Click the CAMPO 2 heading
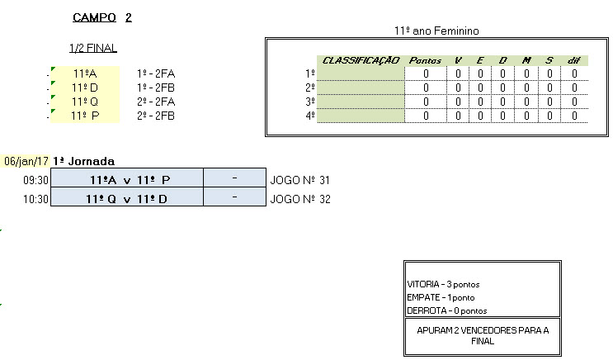pyautogui.click(x=102, y=17)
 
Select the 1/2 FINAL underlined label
pyautogui.click(x=93, y=48)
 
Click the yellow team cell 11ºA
pyautogui.click(x=85, y=73)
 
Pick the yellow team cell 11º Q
pyautogui.click(x=85, y=102)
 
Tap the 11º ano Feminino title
pyautogui.click(x=437, y=31)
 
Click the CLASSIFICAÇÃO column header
pyautogui.click(x=361, y=60)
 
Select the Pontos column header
pyautogui.click(x=426, y=60)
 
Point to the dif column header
pyautogui.click(x=574, y=60)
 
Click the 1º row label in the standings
pyautogui.click(x=309, y=74)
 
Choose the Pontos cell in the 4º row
pyautogui.click(x=426, y=116)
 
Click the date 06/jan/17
pyautogui.click(x=26, y=161)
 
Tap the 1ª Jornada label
pyautogui.click(x=83, y=161)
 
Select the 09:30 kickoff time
pyautogui.click(x=35, y=179)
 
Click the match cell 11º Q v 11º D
pyautogui.click(x=127, y=198)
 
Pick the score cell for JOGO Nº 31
pyautogui.click(x=235, y=179)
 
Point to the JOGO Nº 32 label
pyautogui.click(x=300, y=198)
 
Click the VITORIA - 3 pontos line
pyautogui.click(x=443, y=284)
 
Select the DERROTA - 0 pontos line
pyautogui.click(x=446, y=310)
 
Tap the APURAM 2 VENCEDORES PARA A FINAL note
pyautogui.click(x=482, y=334)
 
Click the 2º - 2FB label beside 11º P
pyautogui.click(x=156, y=116)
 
